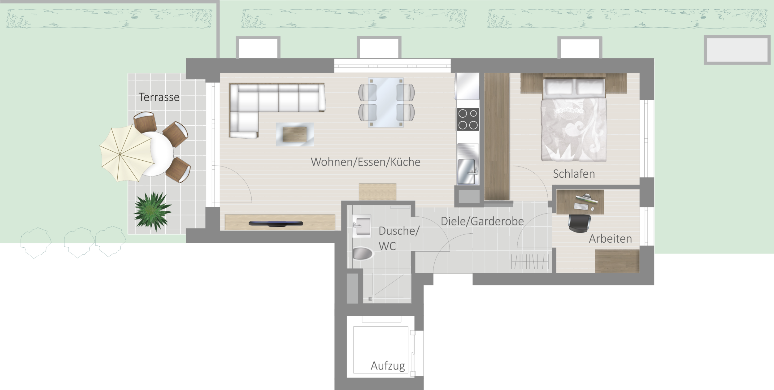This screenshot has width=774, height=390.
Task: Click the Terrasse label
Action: (x=159, y=97)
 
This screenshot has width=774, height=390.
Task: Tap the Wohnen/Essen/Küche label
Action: (x=366, y=162)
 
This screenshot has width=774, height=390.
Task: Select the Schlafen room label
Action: (x=574, y=174)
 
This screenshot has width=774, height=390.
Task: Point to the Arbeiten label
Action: (x=610, y=239)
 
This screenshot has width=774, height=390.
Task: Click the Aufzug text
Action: (x=388, y=366)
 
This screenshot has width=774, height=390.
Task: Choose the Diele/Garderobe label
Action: (x=482, y=221)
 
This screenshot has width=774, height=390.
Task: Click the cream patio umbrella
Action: (x=127, y=153)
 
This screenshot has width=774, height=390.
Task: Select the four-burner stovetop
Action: (x=468, y=119)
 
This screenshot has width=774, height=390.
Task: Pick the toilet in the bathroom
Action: (x=363, y=253)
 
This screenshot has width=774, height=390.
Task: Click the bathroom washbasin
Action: (x=362, y=226)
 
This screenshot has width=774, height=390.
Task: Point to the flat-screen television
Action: (x=276, y=223)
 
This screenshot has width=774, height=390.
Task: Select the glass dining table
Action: (x=386, y=102)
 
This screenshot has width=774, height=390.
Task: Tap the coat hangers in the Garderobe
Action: (x=530, y=262)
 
